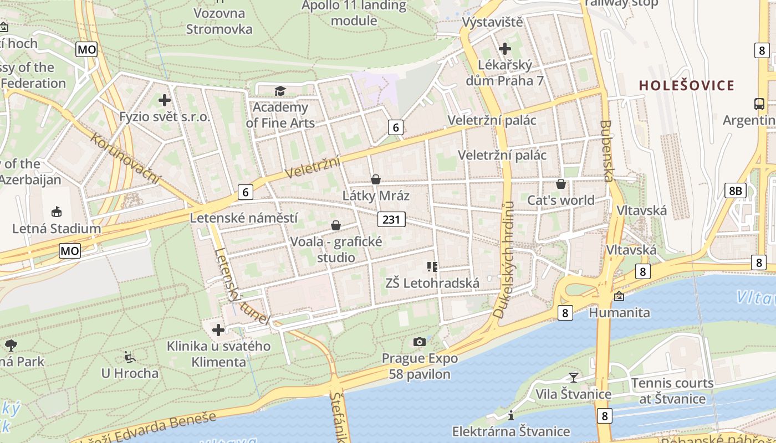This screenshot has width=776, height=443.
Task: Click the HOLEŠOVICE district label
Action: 686,85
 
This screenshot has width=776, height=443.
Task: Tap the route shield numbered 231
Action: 391,219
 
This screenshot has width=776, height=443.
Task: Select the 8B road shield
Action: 734,190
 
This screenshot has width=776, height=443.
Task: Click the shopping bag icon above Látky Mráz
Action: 376,179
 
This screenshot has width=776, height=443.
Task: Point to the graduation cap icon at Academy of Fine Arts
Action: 280,91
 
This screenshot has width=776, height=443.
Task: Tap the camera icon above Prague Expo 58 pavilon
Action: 420,342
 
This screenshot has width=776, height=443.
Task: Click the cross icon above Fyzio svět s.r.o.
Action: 165,100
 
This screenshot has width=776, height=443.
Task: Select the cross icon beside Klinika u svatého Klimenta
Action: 218,330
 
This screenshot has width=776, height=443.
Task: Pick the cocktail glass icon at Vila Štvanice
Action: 574,377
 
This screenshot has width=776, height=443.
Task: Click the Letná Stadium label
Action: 57,228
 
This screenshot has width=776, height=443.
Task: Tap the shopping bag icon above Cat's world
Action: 561,184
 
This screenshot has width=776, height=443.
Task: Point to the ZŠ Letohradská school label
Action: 432,284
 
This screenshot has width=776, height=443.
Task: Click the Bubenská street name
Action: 607,151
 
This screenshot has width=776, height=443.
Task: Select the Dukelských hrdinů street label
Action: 504,259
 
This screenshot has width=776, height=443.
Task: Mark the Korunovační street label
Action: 125,158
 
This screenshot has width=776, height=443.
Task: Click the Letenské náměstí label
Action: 244,218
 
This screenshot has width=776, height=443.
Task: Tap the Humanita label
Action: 619,312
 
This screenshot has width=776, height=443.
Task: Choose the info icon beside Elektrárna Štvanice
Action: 511,415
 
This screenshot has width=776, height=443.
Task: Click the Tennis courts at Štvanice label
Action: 672,390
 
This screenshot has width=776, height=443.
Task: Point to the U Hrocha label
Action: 130,373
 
